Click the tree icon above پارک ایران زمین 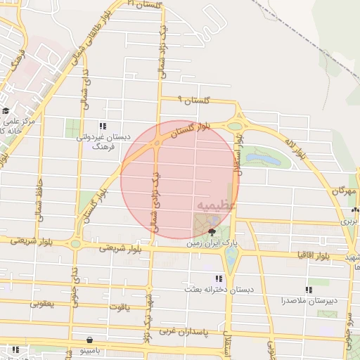[212, 230]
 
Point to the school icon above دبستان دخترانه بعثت [227, 278]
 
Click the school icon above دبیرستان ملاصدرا [309, 289]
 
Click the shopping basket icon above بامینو [88, 340]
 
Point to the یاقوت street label [120, 307]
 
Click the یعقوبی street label [42, 304]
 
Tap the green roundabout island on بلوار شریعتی [76, 243]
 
